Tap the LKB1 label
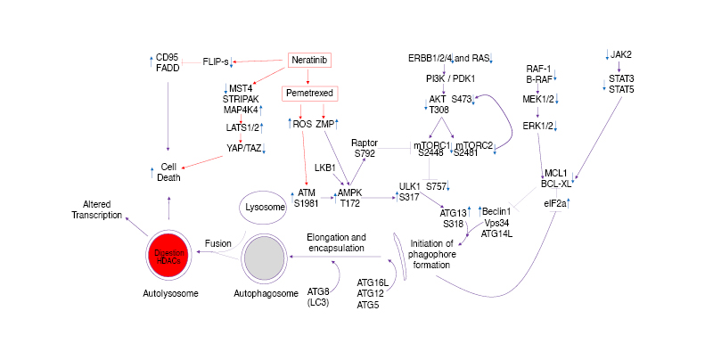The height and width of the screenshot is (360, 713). coord(324,167)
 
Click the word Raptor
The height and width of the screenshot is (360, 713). coord(365,142)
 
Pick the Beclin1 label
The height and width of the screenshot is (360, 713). coord(498,210)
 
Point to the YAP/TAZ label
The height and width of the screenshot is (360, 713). coord(241,148)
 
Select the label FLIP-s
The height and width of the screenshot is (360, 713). coord(216,61)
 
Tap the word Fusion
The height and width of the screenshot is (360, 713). coord(217,242)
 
